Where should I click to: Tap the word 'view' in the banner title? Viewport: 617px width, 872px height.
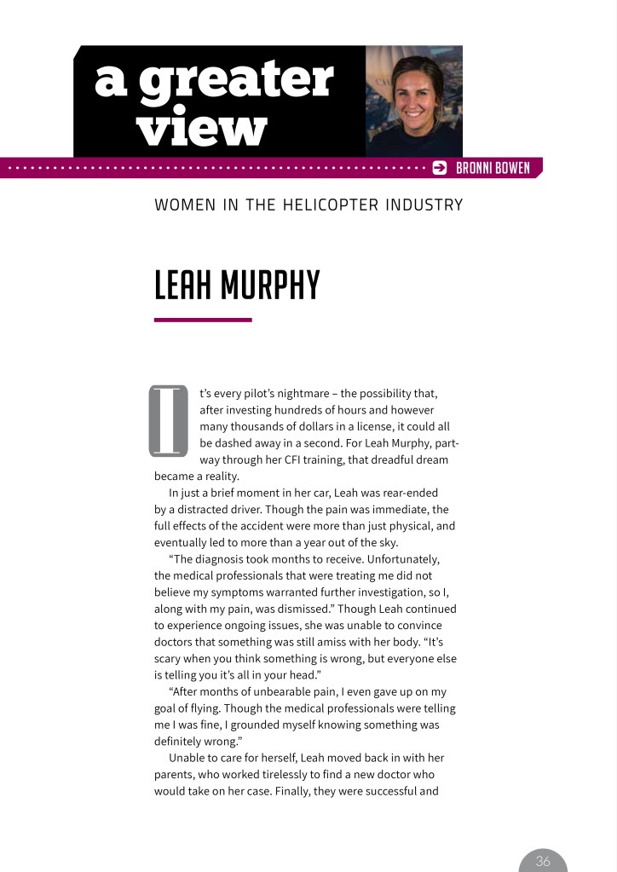(202, 129)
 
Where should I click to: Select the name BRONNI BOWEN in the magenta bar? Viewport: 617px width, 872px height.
(493, 168)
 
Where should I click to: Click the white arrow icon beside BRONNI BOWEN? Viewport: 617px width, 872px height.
(440, 168)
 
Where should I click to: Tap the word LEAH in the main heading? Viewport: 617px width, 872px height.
(182, 286)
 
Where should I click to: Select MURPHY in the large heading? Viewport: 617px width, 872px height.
(270, 286)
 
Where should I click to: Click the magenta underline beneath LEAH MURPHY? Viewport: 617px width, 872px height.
(203, 320)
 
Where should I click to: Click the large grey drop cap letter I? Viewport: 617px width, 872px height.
(168, 420)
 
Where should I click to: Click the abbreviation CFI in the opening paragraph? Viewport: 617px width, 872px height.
(321, 460)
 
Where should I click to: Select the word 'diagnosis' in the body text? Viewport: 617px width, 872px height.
(224, 560)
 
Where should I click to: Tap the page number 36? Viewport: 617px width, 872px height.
(543, 862)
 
